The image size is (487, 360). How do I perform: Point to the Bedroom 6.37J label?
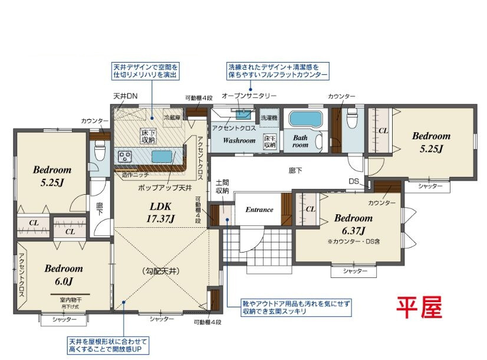pyautogui.click(x=352, y=224)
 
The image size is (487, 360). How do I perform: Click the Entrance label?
pyautogui.click(x=259, y=210)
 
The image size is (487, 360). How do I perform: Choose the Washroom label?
pyautogui.click(x=239, y=140)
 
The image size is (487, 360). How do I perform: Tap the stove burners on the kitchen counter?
pyautogui.click(x=126, y=156)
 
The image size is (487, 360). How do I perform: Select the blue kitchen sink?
pyautogui.click(x=162, y=156)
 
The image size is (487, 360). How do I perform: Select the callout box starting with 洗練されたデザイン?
pyautogui.click(x=277, y=71)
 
